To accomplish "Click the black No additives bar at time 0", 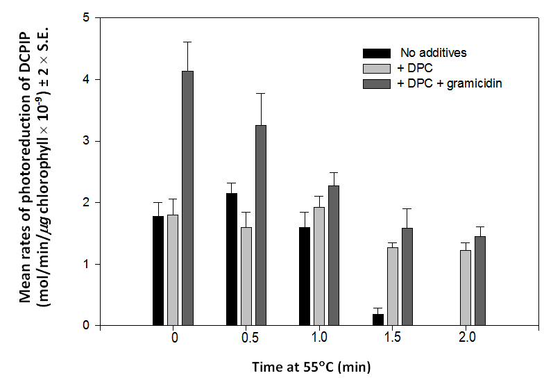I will (158, 271).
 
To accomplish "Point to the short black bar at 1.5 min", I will (378, 320).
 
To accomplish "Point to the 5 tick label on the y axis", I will (87, 18).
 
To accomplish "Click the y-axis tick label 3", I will (87, 141).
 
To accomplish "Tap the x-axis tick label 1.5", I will (393, 338).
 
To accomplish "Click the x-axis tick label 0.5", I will (246, 338).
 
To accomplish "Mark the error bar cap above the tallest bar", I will (187, 42).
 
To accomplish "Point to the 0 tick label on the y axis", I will (87, 325).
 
